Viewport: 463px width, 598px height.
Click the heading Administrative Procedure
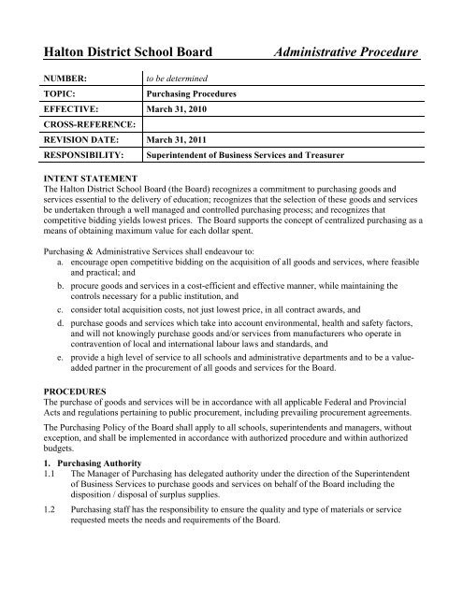345,52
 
